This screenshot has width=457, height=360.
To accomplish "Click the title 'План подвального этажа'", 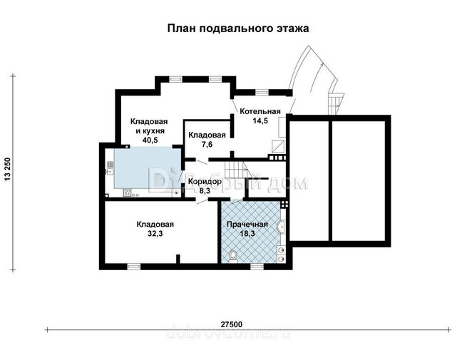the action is click(238, 29).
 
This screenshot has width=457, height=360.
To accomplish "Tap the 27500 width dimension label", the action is click(232, 324).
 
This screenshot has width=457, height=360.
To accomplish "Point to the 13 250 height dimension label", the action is click(8, 169).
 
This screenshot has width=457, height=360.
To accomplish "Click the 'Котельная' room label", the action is click(260, 111).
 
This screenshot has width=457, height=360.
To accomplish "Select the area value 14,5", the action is click(260, 120).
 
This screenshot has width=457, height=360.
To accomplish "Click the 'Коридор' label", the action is click(205, 182).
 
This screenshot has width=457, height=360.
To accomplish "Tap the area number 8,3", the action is click(205, 191).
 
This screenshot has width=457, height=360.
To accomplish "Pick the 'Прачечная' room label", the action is click(247, 224).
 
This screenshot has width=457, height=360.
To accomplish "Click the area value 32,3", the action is click(155, 234).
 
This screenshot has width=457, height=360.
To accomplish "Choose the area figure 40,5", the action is click(150, 140).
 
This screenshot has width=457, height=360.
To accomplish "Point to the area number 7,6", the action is click(207, 144).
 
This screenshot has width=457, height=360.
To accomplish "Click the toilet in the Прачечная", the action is click(233, 255).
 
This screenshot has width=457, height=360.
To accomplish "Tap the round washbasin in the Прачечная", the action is click(282, 227).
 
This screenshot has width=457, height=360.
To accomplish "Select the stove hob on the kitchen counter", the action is click(127, 192).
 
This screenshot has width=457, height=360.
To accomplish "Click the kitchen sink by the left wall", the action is click(110, 168).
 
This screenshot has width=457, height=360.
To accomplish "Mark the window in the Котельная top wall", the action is click(262, 93).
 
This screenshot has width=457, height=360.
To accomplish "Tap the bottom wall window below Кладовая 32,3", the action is click(134, 266).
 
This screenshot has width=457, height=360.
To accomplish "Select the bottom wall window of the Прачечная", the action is click(257, 266).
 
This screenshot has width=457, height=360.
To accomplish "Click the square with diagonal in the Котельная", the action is click(278, 146).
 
